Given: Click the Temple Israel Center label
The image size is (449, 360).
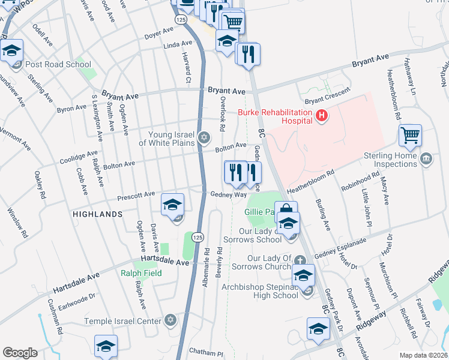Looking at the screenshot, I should pyautogui.click(x=123, y=321).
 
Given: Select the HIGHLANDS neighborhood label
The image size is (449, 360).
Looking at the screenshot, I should pyautogui.click(x=97, y=214).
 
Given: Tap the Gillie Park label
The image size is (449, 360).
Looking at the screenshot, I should pyautogui.click(x=259, y=212).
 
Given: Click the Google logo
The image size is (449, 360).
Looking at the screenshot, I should pyautogui.click(x=20, y=353).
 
